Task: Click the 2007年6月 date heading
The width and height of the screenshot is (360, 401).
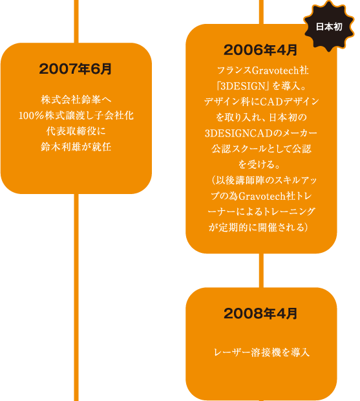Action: (76, 69)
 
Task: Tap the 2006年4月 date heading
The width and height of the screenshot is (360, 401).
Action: (260, 50)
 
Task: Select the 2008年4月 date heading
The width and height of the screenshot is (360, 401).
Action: (260, 314)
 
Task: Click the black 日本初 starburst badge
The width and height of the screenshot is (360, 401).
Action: (329, 27)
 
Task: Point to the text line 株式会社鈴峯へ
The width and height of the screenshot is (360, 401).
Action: (76, 100)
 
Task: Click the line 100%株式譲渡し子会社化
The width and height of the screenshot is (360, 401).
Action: (76, 116)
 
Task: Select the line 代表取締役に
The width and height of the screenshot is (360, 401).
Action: (76, 131)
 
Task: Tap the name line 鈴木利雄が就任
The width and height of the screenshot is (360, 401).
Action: (76, 147)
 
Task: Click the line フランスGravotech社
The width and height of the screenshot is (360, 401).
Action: (262, 70)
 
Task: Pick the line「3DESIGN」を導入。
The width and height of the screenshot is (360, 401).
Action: (261, 86)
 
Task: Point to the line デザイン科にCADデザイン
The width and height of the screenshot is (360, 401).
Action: (261, 102)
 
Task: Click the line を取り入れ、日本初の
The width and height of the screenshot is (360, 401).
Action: (261, 117)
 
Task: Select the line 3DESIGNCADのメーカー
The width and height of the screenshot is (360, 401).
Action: (261, 133)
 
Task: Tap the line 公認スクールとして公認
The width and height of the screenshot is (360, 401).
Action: (261, 149)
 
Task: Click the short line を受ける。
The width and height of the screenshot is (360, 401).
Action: (259, 164)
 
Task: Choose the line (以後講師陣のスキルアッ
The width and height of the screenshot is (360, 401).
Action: (264, 180)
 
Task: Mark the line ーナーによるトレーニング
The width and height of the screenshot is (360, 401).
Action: (261, 211)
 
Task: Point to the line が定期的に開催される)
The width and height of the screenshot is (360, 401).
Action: (259, 228)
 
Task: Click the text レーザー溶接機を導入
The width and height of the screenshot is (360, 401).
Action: (262, 352)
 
